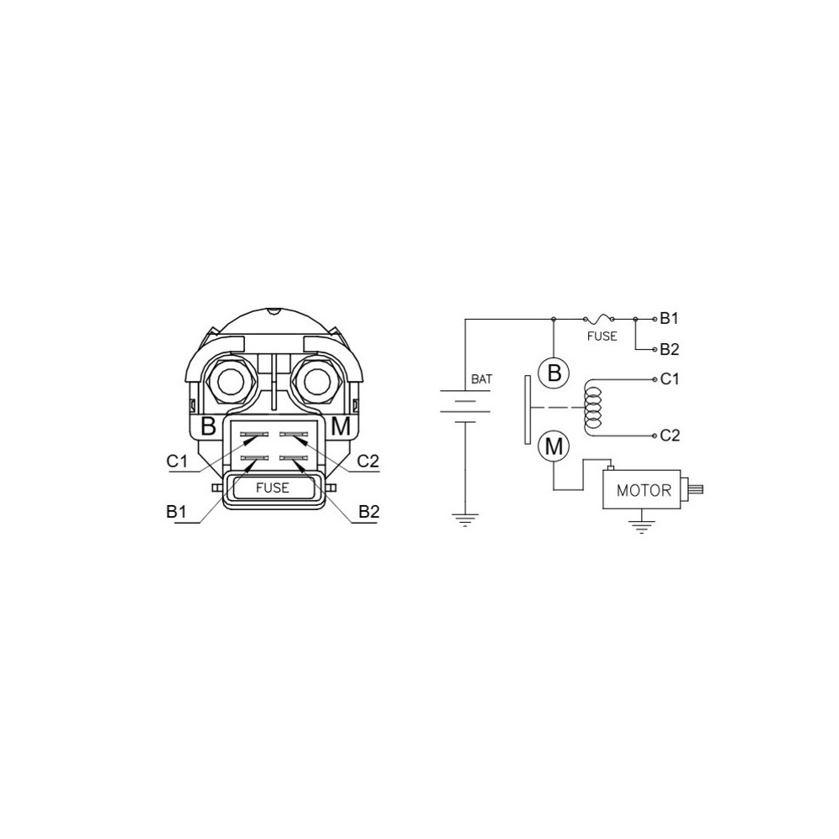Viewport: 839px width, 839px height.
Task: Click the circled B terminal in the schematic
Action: coord(554,373)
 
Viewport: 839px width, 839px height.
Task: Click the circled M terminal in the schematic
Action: coord(554,446)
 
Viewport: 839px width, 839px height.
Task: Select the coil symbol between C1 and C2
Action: coord(593,408)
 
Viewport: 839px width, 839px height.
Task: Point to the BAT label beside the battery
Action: coord(481,379)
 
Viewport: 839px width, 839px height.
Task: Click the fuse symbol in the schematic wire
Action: coord(598,319)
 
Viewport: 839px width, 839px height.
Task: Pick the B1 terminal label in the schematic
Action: coord(669,318)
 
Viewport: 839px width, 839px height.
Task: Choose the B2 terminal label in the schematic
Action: coord(670,349)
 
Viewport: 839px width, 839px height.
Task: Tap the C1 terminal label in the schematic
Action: coord(670,379)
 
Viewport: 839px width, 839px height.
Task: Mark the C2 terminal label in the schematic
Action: coord(670,435)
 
